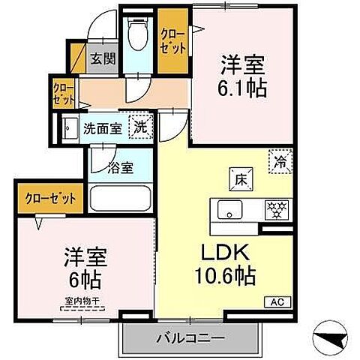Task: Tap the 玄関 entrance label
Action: pyautogui.click(x=103, y=59)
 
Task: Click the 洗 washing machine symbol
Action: pyautogui.click(x=139, y=127)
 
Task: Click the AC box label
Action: pyautogui.click(x=275, y=302)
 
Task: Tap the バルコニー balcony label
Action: pyautogui.click(x=190, y=337)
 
